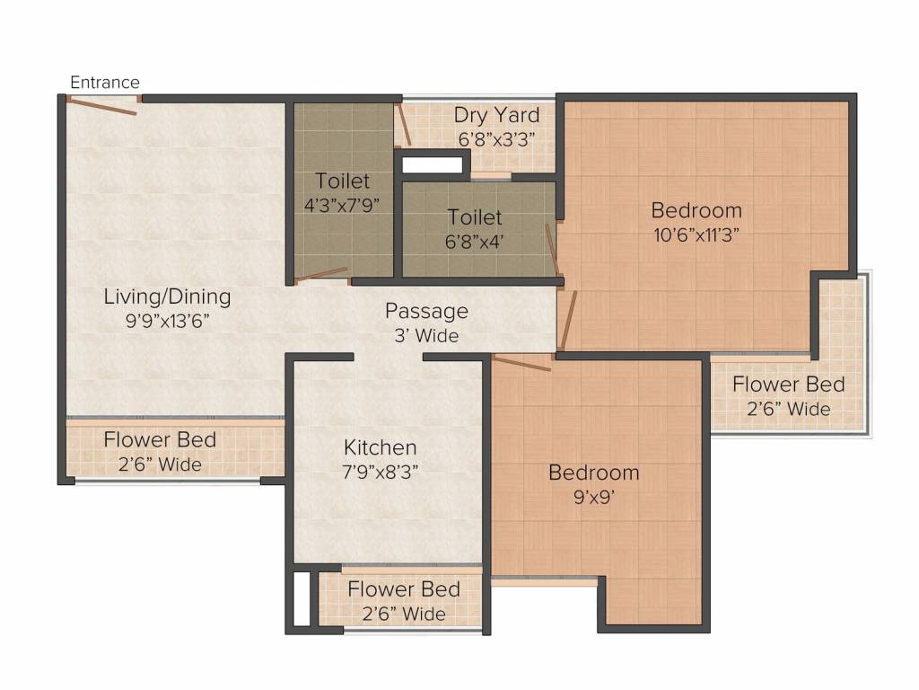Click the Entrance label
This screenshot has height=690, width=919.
(105, 82)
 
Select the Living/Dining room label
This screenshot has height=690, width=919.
(167, 296)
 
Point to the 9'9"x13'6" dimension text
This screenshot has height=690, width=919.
(167, 321)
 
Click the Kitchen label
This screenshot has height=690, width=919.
(381, 447)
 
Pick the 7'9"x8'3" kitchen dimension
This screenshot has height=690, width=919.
(381, 472)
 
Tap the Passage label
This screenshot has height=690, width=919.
(426, 311)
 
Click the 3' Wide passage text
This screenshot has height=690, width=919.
(426, 336)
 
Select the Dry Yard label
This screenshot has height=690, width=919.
(496, 116)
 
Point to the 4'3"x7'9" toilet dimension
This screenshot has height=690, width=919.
(342, 206)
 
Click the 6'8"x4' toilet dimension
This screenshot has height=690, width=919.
(474, 242)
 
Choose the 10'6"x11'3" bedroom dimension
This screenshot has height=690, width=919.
(696, 235)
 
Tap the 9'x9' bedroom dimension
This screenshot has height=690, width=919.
(594, 498)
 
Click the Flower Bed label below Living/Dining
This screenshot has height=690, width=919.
(160, 440)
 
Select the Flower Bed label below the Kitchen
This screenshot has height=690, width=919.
(404, 589)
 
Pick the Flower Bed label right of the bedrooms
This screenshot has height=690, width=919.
(789, 385)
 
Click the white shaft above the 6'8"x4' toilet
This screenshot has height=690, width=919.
(432, 165)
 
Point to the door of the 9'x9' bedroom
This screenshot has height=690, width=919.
(521, 363)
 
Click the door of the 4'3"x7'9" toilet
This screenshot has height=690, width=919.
(320, 274)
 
